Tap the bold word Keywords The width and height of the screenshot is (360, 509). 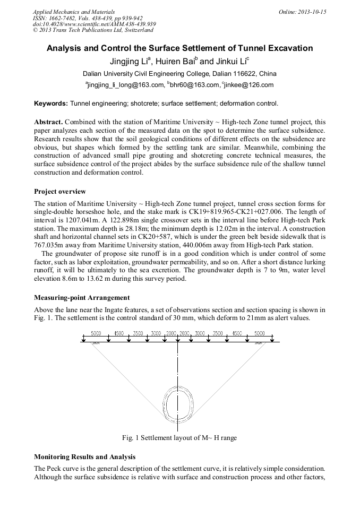[x=50, y=103]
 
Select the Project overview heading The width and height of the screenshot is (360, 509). [x=59, y=192]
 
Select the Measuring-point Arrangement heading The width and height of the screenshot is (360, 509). [x=82, y=298]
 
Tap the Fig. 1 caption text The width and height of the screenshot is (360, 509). [x=179, y=438]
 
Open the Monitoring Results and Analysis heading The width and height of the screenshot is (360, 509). [x=85, y=456]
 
